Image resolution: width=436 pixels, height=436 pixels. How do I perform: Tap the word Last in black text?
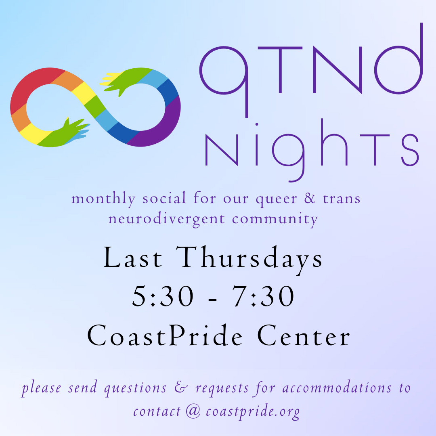tap(133, 258)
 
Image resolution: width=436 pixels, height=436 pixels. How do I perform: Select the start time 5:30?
tap(163, 296)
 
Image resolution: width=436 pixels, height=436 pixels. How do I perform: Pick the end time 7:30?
tap(263, 296)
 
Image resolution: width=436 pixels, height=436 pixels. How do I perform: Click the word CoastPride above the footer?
tap(165, 335)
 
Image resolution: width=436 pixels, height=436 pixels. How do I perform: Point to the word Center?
tap(304, 336)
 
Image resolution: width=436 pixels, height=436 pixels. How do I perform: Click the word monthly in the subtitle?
tap(103, 199)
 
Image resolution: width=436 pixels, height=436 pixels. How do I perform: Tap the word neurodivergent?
tap(166, 219)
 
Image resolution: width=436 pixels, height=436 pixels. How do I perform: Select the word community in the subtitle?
tap(275, 220)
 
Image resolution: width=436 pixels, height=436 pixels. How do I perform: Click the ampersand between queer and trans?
tap(310, 198)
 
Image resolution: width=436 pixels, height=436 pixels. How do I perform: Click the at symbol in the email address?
tap(193, 411)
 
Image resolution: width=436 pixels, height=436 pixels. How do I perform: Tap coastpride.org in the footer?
tap(253, 411)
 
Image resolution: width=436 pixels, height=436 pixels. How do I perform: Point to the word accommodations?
tap(337, 388)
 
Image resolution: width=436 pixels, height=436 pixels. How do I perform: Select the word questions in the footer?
tap(135, 389)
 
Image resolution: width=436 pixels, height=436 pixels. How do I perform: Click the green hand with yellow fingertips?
tap(117, 82)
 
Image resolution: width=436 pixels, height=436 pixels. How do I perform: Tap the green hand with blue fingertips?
tap(73, 130)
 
